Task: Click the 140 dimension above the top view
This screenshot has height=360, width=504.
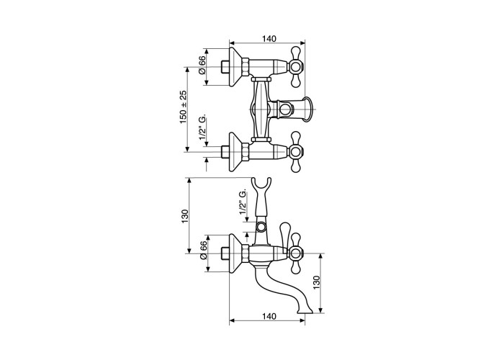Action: pyautogui.click(x=269, y=39)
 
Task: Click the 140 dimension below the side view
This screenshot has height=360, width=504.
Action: pyautogui.click(x=269, y=317)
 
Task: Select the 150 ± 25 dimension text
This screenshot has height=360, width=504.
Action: pyautogui.click(x=183, y=107)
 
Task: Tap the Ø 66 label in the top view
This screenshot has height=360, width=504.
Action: pyautogui.click(x=202, y=65)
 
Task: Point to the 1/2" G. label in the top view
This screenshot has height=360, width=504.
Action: pyautogui.click(x=202, y=129)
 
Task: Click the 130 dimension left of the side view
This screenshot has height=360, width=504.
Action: pyautogui.click(x=184, y=216)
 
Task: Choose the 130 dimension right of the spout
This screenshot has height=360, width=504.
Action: pyautogui.click(x=317, y=282)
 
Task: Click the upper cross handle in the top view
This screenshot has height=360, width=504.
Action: pyautogui.click(x=295, y=67)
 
